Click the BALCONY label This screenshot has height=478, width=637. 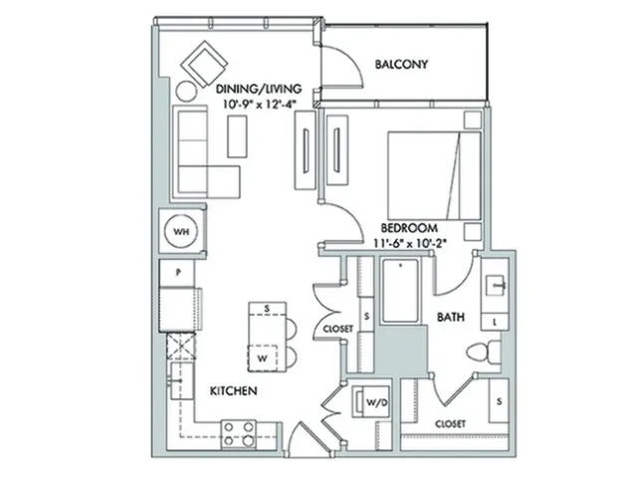coord(401,64)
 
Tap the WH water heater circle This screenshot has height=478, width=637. coord(181,232)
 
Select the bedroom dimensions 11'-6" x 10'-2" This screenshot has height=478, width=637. coord(409,243)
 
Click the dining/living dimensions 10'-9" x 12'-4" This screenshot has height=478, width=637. coord(259,104)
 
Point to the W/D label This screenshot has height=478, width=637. coord(376,402)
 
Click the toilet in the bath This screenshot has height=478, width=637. coord(484,351)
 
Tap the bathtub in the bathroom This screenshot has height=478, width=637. coord(400,290)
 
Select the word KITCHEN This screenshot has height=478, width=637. coord(234,391)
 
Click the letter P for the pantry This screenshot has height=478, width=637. coord(178,273)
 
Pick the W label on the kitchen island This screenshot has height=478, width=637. coord(263,358)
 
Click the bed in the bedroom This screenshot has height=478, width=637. coord(434,175)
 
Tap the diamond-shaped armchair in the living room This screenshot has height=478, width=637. coord(204,64)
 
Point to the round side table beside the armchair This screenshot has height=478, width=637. coord(186,92)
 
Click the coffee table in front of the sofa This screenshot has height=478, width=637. coord(237,136)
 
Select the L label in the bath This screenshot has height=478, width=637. coord(495,323)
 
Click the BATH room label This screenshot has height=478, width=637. coord(450,317)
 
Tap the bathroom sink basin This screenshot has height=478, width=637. coord(496,285)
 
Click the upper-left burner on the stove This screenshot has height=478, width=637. coord(229,427)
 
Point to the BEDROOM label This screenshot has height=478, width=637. coord(409,228)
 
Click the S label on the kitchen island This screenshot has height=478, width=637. coord(267,309)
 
